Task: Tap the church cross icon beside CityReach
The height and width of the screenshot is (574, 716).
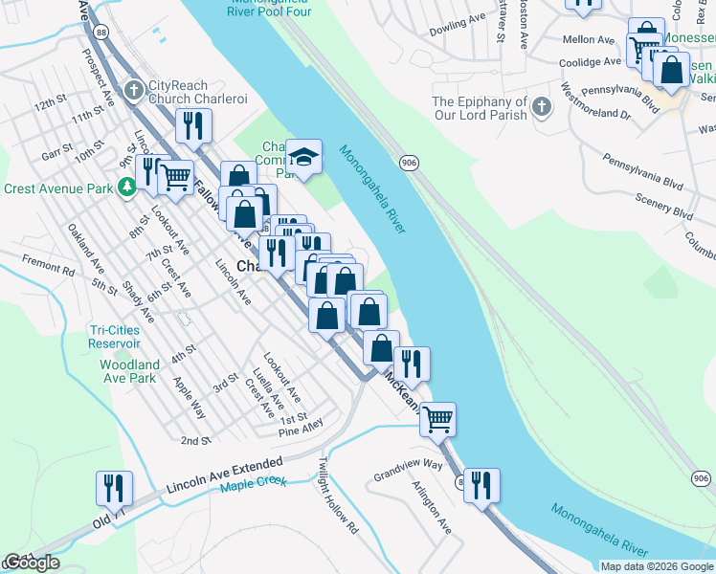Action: tap(134, 90)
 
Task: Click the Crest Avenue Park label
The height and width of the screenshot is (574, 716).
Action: tap(57, 188)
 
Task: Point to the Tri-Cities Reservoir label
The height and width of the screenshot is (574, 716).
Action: tap(113, 336)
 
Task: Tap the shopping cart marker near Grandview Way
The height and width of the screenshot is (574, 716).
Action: tap(437, 418)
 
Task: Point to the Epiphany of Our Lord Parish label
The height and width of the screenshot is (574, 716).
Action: tap(480, 108)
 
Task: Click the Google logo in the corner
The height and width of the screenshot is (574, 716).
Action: tap(31, 563)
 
